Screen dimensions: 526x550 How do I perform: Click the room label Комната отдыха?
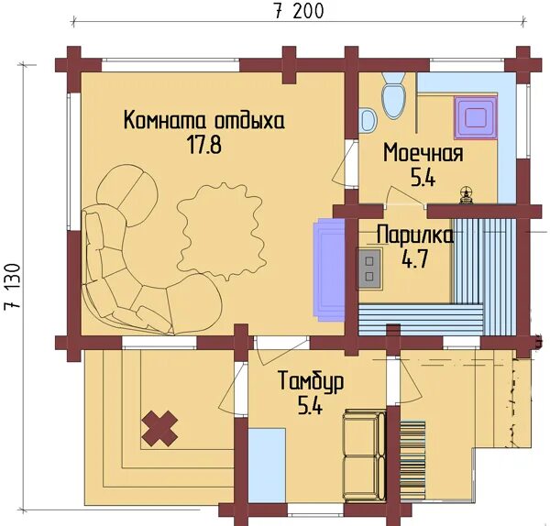[204, 121]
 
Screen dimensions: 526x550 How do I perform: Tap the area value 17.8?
[204, 145]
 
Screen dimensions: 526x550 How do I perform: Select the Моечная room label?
[423, 152]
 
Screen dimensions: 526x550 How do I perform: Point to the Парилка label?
[414, 236]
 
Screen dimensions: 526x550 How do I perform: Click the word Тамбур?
[311, 382]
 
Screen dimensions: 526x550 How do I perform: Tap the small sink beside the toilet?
[368, 119]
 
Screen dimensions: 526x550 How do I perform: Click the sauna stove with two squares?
[369, 267]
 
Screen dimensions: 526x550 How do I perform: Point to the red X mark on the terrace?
[160, 427]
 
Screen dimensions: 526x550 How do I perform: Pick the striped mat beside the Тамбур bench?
[412, 463]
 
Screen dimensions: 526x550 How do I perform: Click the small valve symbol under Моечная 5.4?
[467, 193]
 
